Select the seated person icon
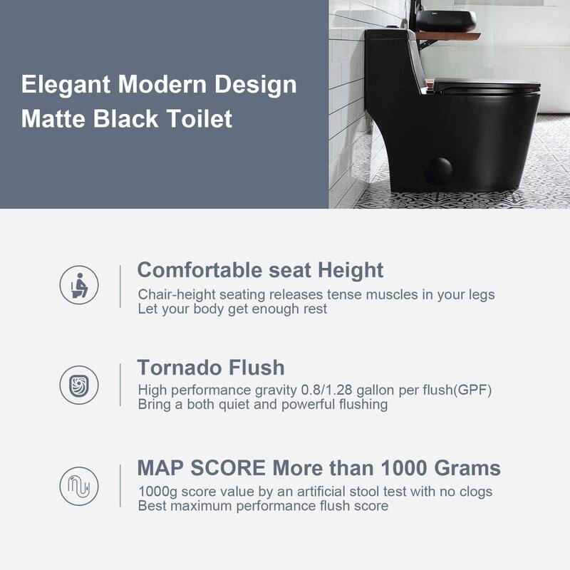[79, 285]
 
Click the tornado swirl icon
[79, 385]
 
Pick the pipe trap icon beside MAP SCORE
[79, 486]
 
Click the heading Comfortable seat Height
[260, 270]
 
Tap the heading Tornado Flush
[210, 368]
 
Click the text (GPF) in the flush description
[473, 390]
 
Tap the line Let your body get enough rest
[232, 309]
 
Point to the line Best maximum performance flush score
[263, 506]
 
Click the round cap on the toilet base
[437, 171]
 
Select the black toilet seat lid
[486, 87]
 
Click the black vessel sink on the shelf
[445, 21]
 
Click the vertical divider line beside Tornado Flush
[120, 385]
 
